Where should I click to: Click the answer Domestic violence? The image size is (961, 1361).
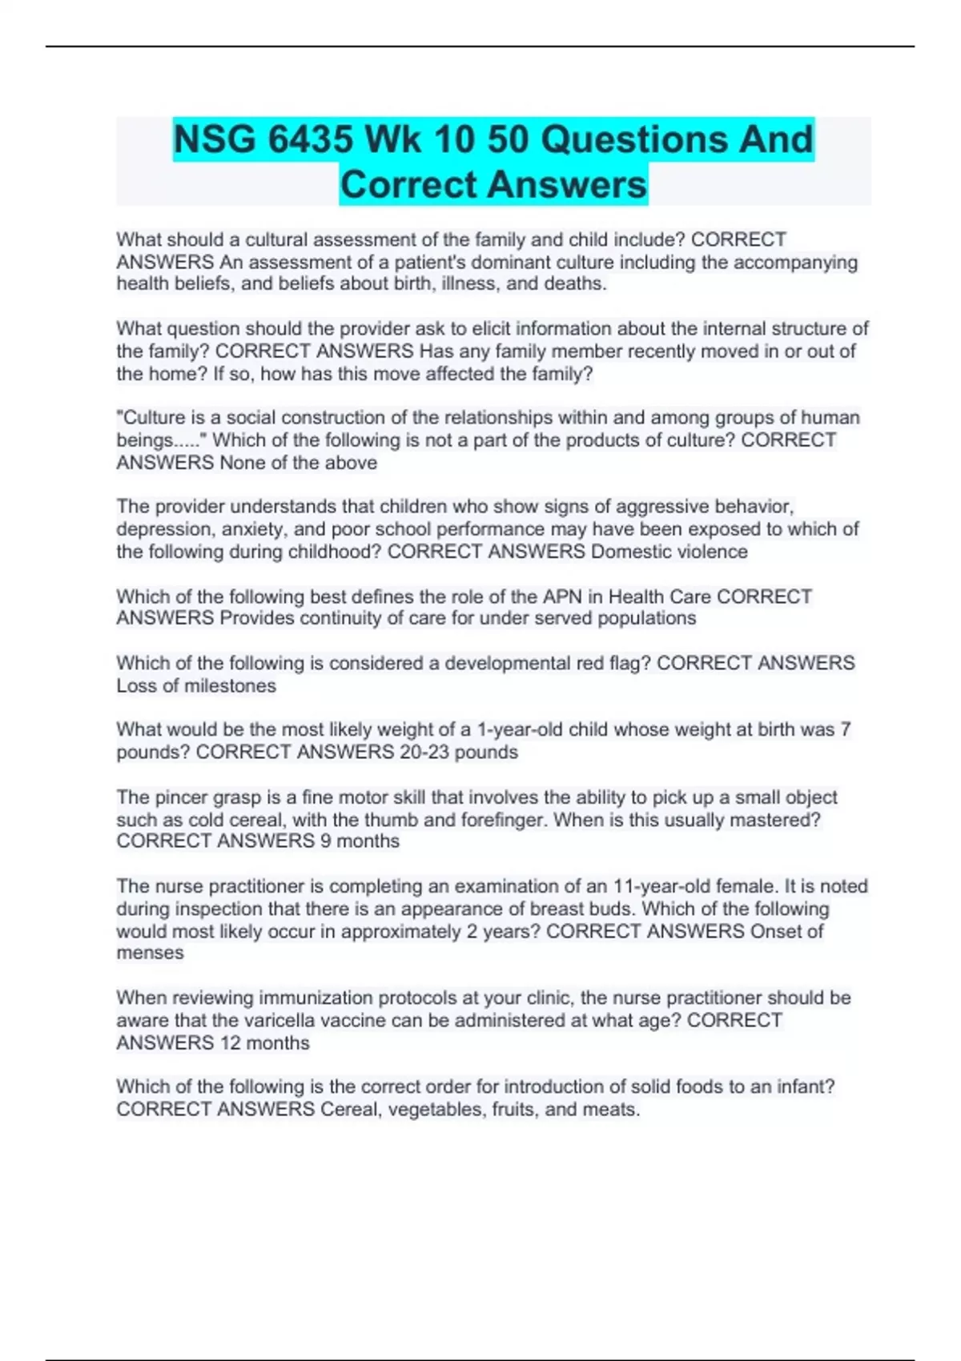pyautogui.click(x=669, y=552)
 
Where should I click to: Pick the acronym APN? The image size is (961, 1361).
pyautogui.click(x=562, y=596)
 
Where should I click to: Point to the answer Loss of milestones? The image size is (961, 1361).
pyautogui.click(x=196, y=686)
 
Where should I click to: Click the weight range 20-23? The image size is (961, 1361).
pyautogui.click(x=424, y=752)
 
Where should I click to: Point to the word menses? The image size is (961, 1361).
pyautogui.click(x=150, y=954)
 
